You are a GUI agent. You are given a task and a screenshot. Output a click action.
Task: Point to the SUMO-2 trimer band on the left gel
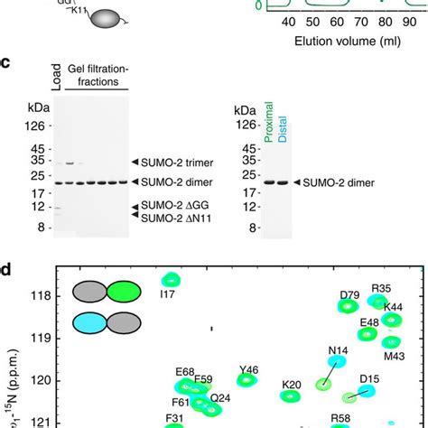70,163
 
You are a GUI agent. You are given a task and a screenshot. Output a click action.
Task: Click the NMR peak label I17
167,293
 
